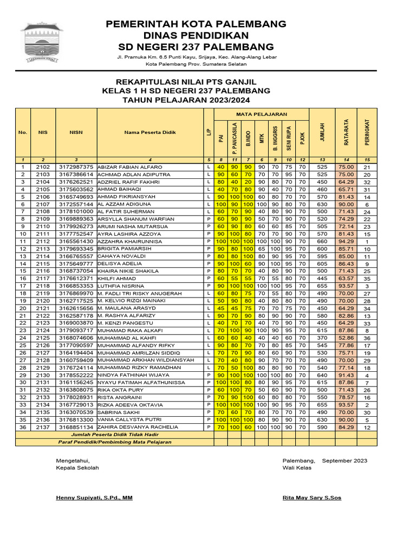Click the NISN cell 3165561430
tap(76, 241)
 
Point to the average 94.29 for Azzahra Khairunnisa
tap(346, 241)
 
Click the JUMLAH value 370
tap(322, 338)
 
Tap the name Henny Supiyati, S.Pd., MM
tap(94, 498)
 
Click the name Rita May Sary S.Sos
tap(312, 498)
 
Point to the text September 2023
tap(344, 461)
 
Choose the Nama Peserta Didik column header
tap(149, 132)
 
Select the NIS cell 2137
tap(43, 427)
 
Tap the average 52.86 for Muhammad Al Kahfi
tap(346, 338)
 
